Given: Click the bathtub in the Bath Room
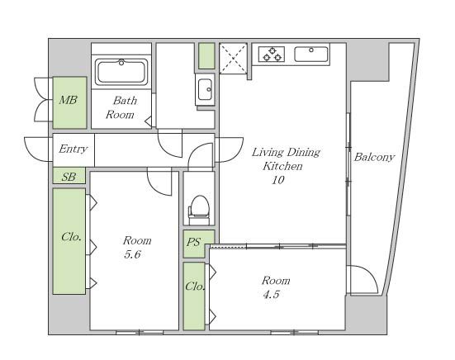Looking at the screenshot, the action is pyautogui.click(x=121, y=72).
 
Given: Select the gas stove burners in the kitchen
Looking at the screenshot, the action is pyautogui.click(x=272, y=54).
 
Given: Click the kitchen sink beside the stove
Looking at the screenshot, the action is pyautogui.click(x=311, y=54).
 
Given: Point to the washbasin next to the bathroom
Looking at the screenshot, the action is pyautogui.click(x=205, y=89).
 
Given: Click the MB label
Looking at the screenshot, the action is pyautogui.click(x=69, y=101).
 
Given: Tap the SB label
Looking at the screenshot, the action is pyautogui.click(x=69, y=177).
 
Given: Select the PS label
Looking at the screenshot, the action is pyautogui.click(x=193, y=242).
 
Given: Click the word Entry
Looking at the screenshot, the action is pyautogui.click(x=73, y=149).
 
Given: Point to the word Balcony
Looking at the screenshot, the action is pyautogui.click(x=374, y=157).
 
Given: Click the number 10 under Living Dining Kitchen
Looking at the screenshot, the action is pyautogui.click(x=278, y=180).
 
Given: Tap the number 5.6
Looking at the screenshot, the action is pyautogui.click(x=132, y=254).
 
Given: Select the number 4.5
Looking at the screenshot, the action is pyautogui.click(x=272, y=295).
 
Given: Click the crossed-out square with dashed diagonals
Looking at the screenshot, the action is pyautogui.click(x=234, y=59).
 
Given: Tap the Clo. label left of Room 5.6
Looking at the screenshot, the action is pyautogui.click(x=71, y=237).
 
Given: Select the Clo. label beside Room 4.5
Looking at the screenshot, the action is pyautogui.click(x=195, y=287).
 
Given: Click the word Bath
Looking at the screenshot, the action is pyautogui.click(x=125, y=101).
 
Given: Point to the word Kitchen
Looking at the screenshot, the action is pyautogui.click(x=282, y=166).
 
